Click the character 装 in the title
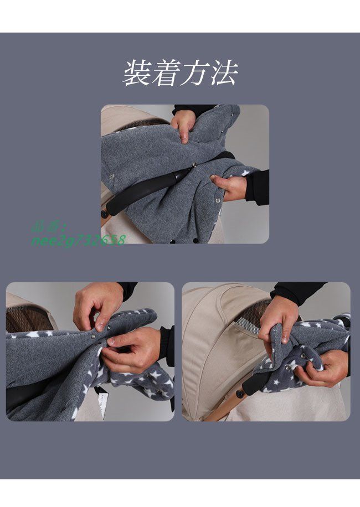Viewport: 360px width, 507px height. pyautogui.click(x=137, y=74)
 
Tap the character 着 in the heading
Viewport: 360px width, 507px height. pyautogui.click(x=166, y=74)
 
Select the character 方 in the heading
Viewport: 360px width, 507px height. pyautogui.click(x=195, y=74)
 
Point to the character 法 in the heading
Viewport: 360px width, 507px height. pyautogui.click(x=224, y=74)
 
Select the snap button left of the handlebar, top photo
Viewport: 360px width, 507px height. pyautogui.click(x=112, y=177)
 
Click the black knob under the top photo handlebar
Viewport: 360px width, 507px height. pyautogui.click(x=104, y=214)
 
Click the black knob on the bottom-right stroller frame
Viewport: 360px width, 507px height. pyautogui.click(x=240, y=394)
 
